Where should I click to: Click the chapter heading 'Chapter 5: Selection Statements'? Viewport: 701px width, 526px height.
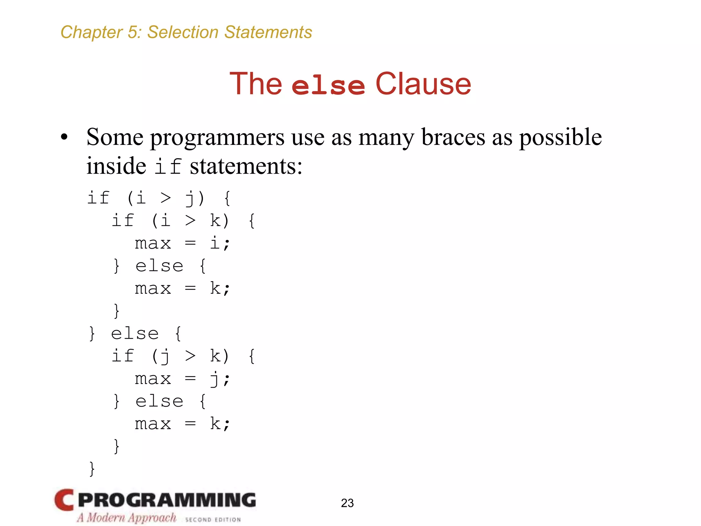(186, 33)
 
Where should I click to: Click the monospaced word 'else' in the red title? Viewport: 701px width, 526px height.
(328, 85)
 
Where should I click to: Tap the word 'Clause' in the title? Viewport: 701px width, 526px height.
(423, 84)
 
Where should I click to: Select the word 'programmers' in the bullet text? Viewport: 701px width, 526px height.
(217, 138)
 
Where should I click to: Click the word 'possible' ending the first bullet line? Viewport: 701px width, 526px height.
(560, 138)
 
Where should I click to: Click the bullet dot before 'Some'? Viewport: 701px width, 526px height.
(64, 137)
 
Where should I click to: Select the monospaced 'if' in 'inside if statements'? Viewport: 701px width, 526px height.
(168, 167)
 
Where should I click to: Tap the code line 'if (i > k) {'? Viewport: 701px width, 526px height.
(183, 221)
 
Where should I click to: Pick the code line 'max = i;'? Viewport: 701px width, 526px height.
(182, 243)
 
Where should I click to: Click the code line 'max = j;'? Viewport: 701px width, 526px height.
(182, 379)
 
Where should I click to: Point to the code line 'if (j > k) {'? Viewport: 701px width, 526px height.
(183, 356)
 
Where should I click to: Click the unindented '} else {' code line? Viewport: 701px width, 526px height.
(135, 334)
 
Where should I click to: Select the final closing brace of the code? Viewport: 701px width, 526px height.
(92, 468)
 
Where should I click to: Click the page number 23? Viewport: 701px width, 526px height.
(347, 503)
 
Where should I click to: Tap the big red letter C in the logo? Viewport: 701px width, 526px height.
(64, 500)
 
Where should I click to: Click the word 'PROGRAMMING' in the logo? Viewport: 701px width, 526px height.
(167, 500)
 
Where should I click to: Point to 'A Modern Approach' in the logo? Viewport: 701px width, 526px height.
(126, 517)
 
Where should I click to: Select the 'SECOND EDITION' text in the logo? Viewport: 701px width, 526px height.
(213, 519)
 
